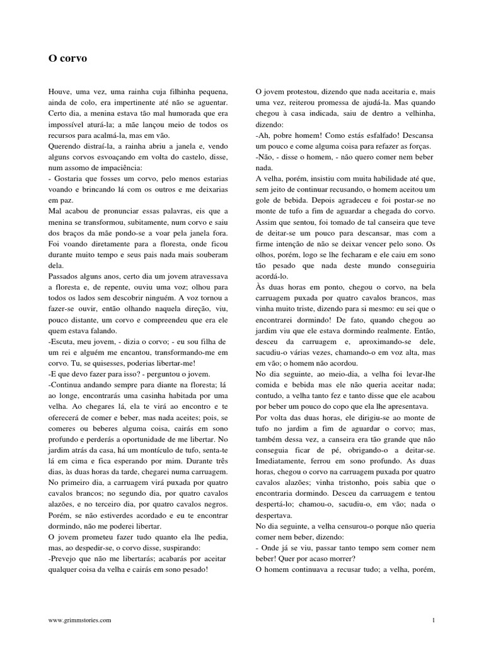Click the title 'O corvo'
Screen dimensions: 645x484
[x=67, y=59]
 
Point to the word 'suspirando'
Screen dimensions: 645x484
[x=184, y=549]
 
